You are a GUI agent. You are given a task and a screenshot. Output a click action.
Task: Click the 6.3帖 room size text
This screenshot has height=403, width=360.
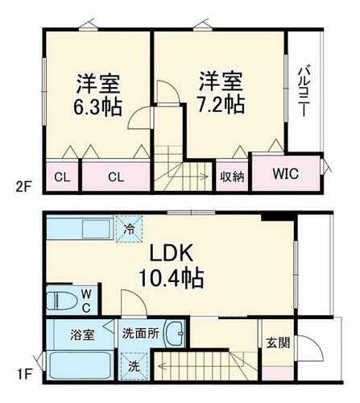pyautogui.click(x=98, y=106)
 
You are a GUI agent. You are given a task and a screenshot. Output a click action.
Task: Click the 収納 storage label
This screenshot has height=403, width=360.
pyautogui.click(x=233, y=175)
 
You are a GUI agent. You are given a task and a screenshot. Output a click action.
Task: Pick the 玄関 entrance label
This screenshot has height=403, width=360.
pyautogui.click(x=276, y=341)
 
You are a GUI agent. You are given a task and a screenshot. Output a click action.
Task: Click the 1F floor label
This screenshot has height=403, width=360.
pyautogui.click(x=23, y=373)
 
